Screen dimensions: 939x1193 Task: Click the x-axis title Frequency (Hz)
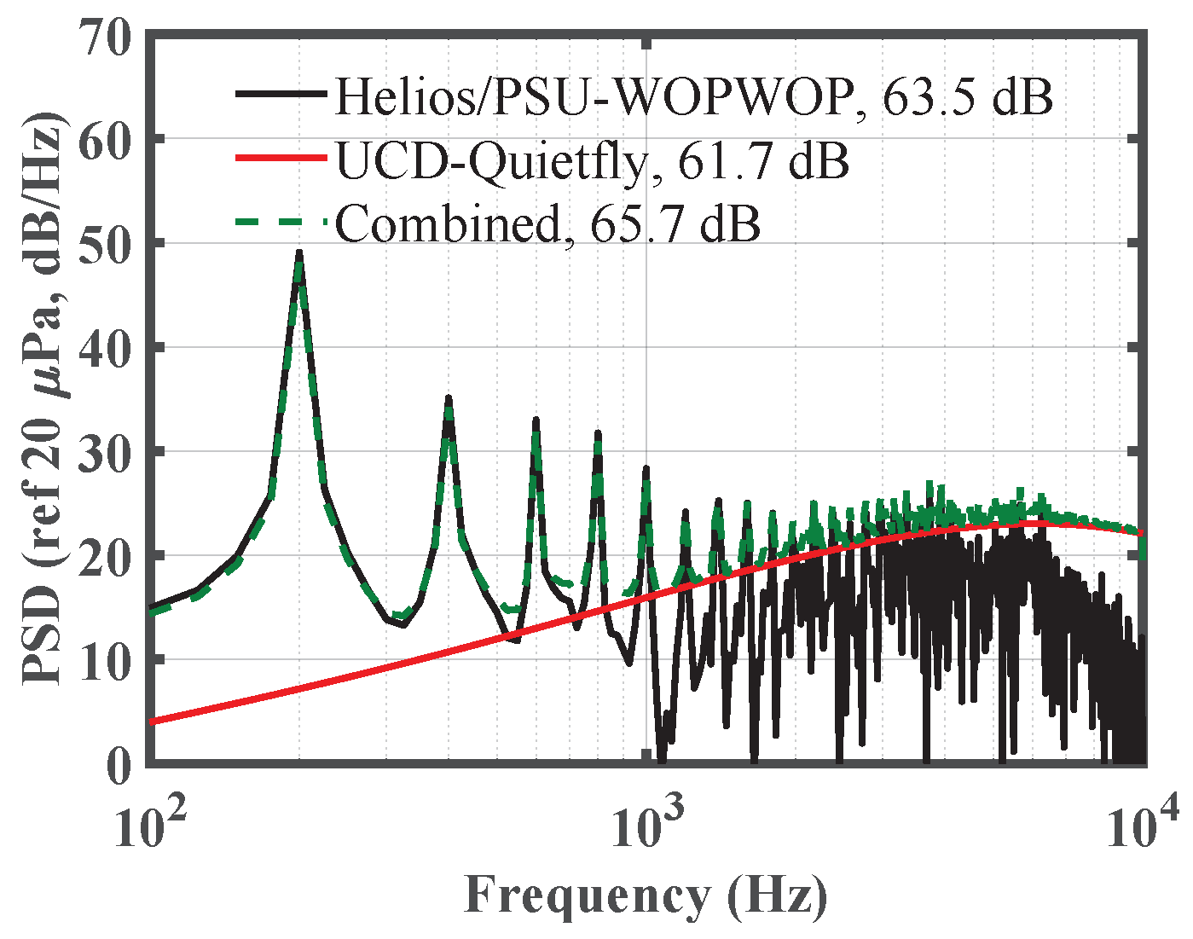[646, 896]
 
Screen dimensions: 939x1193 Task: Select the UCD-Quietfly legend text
[592, 160]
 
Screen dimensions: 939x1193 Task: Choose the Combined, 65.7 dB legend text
[547, 223]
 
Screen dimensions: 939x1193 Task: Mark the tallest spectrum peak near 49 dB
[299, 252]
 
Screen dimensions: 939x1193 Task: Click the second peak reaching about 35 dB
[449, 399]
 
